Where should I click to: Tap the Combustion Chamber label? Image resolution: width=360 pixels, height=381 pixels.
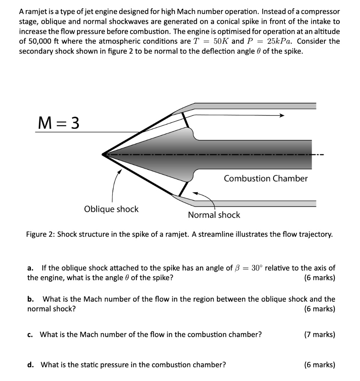[265, 179]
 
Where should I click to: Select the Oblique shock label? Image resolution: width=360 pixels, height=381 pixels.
[111, 209]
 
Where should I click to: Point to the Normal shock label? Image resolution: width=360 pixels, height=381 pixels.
[214, 215]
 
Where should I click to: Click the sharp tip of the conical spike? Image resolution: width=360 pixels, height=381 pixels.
[103, 154]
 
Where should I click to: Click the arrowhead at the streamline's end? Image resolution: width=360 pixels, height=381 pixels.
[282, 116]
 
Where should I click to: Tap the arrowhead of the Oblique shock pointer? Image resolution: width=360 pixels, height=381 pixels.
[120, 171]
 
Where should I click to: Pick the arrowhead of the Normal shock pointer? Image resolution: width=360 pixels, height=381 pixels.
[195, 193]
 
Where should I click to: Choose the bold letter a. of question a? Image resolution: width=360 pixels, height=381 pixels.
[31, 268]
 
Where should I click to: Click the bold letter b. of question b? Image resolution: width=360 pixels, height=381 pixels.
[31, 299]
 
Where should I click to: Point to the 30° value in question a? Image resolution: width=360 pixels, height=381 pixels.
[257, 268]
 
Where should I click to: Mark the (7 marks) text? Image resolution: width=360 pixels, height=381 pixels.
[319, 334]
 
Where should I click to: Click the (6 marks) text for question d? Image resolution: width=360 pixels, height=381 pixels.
[319, 365]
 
